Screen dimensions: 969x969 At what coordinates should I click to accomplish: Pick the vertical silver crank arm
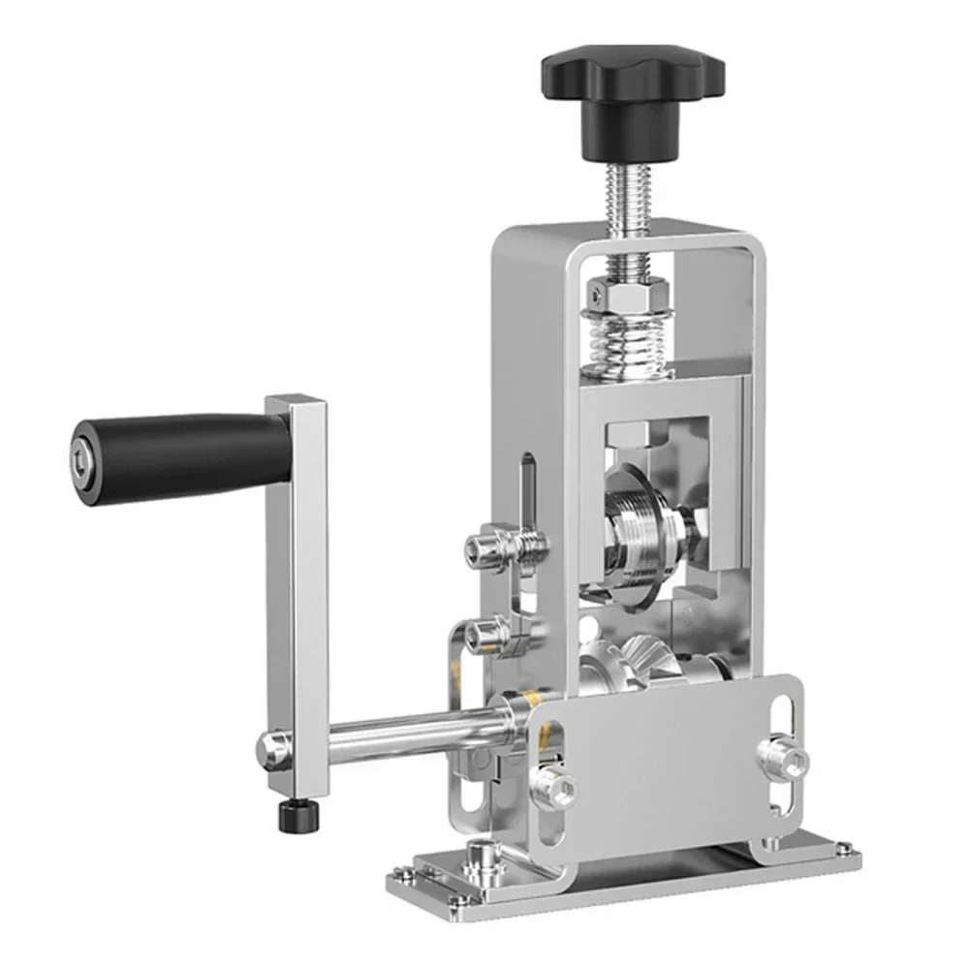pos(296,581)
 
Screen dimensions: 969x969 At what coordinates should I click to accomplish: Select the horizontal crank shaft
pos(407,736)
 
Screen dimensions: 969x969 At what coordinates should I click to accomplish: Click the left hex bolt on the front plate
pos(558,786)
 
